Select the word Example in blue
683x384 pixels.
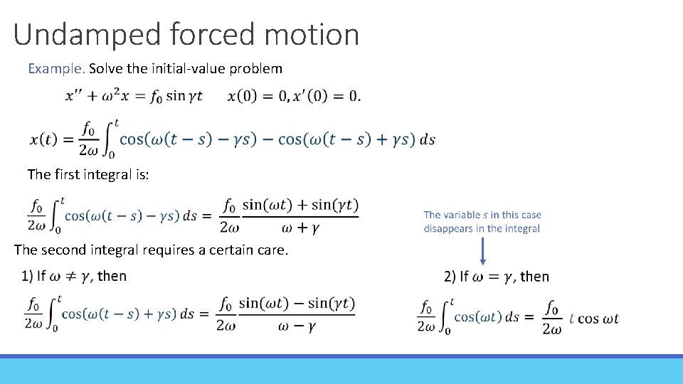(55, 69)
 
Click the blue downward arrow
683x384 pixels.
(483, 252)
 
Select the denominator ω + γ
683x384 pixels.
(300, 227)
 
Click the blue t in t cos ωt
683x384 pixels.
(571, 319)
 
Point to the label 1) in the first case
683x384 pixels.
(26, 276)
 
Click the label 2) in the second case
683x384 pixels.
(450, 276)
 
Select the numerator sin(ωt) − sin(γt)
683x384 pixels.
(297, 304)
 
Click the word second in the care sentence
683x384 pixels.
(64, 250)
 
